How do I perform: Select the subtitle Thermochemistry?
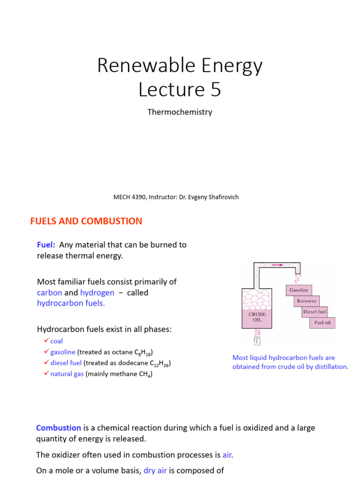point(180,112)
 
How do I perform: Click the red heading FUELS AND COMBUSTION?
point(86,221)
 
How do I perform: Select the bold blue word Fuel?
point(46,245)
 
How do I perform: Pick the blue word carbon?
point(49,292)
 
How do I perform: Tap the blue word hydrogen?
point(97,292)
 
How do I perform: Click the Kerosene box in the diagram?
point(307,301)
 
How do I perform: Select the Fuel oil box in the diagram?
point(322,322)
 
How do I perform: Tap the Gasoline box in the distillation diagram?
point(299,290)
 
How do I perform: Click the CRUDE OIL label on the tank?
point(257,317)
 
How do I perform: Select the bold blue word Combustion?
point(59,427)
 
